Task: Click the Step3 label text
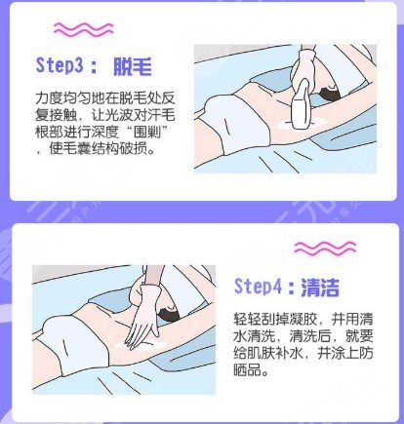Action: [x=60, y=65]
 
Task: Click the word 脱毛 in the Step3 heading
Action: [x=133, y=66]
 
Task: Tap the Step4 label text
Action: [x=258, y=287]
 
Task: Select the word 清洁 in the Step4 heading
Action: [x=320, y=288]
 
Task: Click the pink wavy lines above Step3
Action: [x=84, y=29]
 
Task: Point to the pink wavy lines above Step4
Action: [x=325, y=248]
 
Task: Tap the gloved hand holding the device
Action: [x=303, y=65]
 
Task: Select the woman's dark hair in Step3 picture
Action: [x=330, y=94]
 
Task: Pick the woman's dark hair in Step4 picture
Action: [x=169, y=315]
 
